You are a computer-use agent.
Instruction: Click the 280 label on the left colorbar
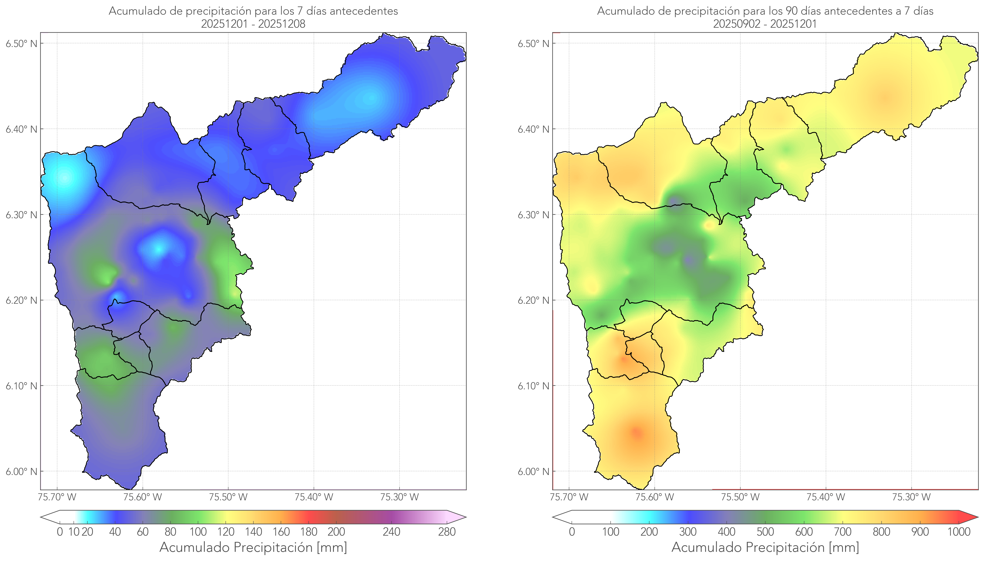pyautogui.click(x=447, y=532)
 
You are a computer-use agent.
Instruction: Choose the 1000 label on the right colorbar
pyautogui.click(x=959, y=532)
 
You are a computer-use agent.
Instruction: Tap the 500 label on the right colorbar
pyautogui.click(x=765, y=532)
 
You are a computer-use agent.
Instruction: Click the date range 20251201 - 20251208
pyautogui.click(x=253, y=24)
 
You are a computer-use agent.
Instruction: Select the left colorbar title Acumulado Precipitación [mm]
pyautogui.click(x=253, y=547)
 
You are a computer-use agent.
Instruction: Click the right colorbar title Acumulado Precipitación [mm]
pyautogui.click(x=765, y=547)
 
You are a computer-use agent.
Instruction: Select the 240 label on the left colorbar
pyautogui.click(x=392, y=532)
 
